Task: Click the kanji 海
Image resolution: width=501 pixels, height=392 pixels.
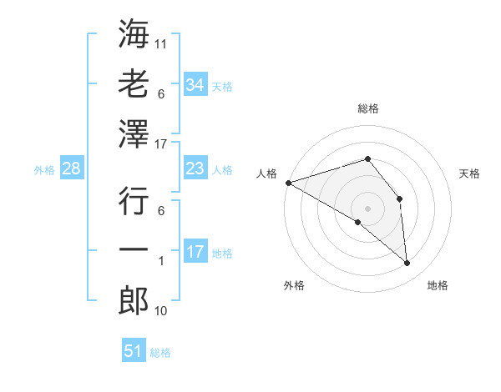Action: (134, 35)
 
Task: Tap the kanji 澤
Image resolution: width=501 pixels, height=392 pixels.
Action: (134, 133)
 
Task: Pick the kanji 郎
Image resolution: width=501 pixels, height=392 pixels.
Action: (134, 301)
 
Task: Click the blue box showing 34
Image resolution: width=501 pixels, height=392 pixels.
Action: (195, 85)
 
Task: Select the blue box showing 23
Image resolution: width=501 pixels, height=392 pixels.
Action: (195, 168)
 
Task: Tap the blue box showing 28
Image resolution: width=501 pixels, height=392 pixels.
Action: (71, 169)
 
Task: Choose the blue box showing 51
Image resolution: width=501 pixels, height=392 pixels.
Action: (134, 351)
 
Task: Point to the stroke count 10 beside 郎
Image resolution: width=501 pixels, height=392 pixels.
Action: (161, 311)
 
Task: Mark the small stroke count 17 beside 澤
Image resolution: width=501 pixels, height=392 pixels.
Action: (161, 144)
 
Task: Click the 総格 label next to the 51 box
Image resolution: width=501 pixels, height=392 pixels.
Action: (160, 353)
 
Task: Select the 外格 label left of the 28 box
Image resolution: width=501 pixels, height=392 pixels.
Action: (44, 170)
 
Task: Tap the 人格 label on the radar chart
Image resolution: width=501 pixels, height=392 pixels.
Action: (267, 173)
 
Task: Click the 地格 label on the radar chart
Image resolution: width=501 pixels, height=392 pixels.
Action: (438, 285)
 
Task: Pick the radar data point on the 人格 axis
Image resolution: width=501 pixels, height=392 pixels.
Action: (287, 183)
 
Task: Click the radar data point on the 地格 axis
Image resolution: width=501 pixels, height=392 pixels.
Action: (407, 264)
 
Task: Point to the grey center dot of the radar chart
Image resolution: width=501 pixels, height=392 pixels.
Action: (367, 207)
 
